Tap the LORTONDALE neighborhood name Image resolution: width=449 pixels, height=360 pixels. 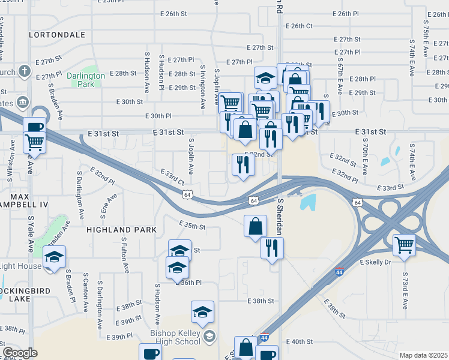coord(57,35)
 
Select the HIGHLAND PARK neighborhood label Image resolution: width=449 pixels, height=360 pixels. coord(121,230)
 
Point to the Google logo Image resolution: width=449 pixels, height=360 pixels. coord(20,353)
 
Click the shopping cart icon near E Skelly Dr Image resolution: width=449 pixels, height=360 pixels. coord(405,244)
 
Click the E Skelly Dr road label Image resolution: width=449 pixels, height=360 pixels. coord(375,263)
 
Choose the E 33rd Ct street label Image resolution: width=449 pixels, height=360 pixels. coord(172,176)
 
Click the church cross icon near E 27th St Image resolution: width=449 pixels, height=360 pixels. coord(24,72)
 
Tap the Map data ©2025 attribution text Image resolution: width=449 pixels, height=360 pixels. coord(423,355)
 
